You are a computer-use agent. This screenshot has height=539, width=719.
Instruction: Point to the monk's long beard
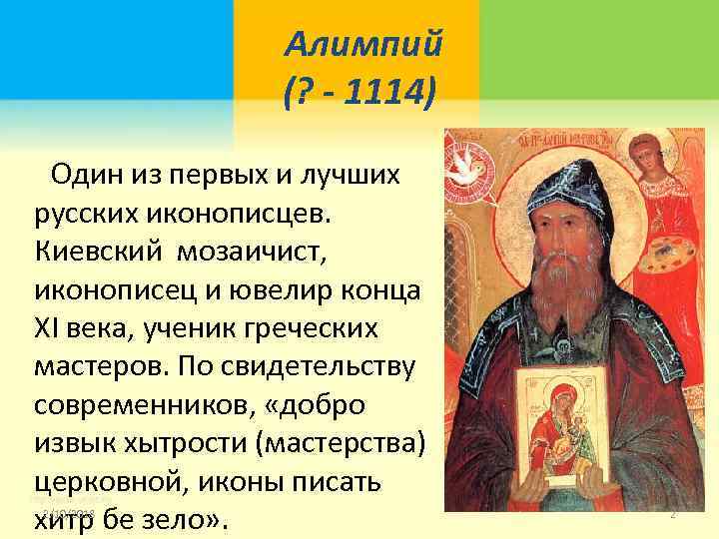pyautogui.click(x=560, y=289)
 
